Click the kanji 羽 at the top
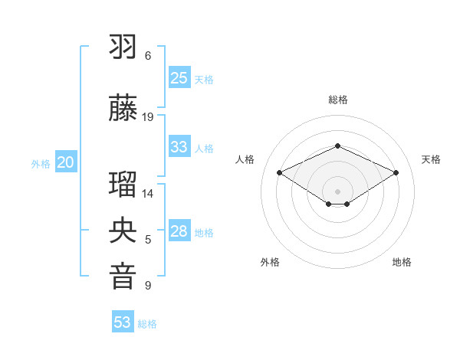click(x=123, y=47)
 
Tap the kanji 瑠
click(x=123, y=185)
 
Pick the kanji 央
click(x=123, y=231)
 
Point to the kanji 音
click(x=123, y=277)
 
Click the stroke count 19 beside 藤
click(x=148, y=117)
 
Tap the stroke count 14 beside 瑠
click(x=148, y=194)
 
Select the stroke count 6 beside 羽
click(x=148, y=56)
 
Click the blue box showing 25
click(x=179, y=78)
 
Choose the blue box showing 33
click(x=179, y=147)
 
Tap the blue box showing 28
click(x=179, y=231)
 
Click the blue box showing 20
click(x=66, y=162)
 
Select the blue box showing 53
click(x=123, y=322)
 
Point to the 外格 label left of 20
click(x=41, y=163)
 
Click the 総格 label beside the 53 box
click(x=147, y=324)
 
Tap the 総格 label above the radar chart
click(x=338, y=100)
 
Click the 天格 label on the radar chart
click(x=431, y=159)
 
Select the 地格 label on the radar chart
click(x=402, y=262)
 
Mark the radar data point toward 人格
click(x=280, y=173)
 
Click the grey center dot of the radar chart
click(x=337, y=190)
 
